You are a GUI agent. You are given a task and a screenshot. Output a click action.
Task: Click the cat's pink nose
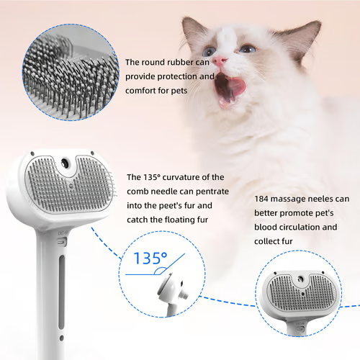(220, 61)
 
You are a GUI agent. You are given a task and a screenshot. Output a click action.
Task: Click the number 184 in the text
(262, 198)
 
